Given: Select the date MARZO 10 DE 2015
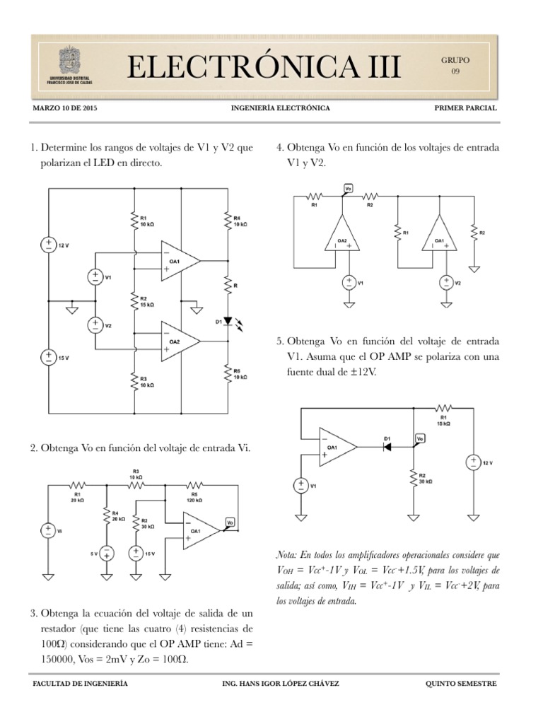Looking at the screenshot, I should pos(65,109).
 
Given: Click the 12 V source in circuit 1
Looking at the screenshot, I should pos(48,245).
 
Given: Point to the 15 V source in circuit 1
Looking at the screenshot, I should pos(48,356).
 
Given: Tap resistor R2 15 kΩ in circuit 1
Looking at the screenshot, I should pos(134,302).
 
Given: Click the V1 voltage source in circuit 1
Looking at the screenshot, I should pos(94,277).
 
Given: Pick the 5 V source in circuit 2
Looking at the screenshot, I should pos(105,554).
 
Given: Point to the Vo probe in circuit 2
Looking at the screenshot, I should pos(230,522).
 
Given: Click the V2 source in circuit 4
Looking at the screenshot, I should pos(446,283).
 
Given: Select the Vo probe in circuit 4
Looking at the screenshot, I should pos(348,188).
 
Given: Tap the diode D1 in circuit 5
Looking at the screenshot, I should pos(387,448).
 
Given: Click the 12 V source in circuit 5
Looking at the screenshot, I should pos(472,462).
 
